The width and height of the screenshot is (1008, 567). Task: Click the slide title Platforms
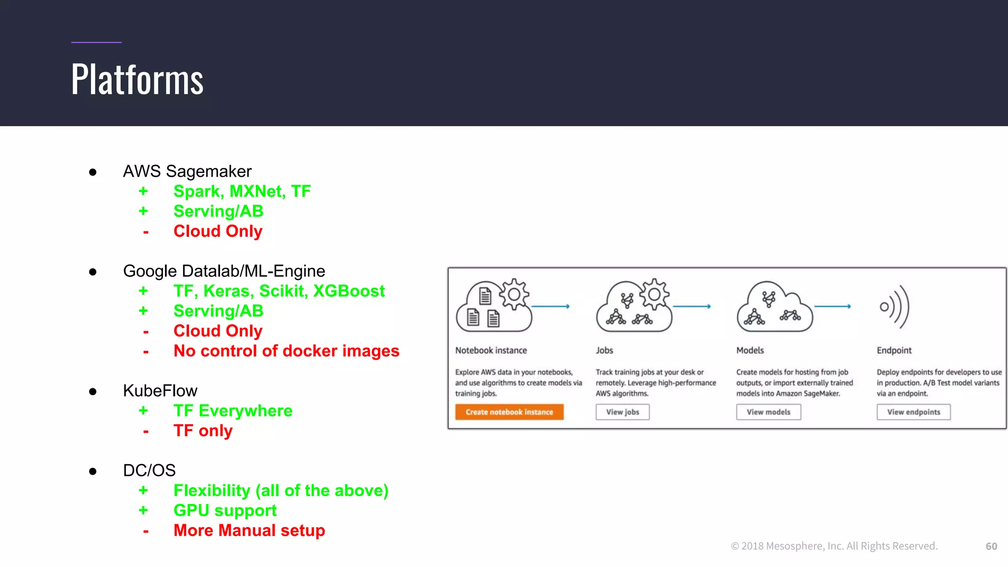point(137,80)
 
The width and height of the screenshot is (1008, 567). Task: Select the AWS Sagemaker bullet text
point(187,171)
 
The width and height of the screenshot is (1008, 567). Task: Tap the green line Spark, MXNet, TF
point(242,191)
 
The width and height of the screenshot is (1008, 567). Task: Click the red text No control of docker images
point(286,351)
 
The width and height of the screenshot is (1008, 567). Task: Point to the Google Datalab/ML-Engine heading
point(224,271)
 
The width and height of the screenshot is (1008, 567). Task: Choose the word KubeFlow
point(160,391)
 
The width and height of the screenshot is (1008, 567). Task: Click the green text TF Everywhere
point(233,410)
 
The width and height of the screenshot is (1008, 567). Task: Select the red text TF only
point(203,431)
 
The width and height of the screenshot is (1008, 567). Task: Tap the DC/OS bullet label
point(149,471)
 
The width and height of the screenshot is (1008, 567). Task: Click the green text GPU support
point(225,510)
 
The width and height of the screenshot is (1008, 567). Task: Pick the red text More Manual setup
point(249,531)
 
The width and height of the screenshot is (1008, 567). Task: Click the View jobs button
point(622,412)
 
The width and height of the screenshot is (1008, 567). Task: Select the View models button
point(768,412)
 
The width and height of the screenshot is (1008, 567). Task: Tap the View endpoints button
point(913,412)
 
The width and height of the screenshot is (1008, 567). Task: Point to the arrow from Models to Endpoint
point(832,306)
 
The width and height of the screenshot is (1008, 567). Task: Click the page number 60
point(991,546)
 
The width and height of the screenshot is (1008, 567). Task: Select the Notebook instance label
point(491,350)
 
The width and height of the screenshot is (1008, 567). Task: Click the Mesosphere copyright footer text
point(834,546)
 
